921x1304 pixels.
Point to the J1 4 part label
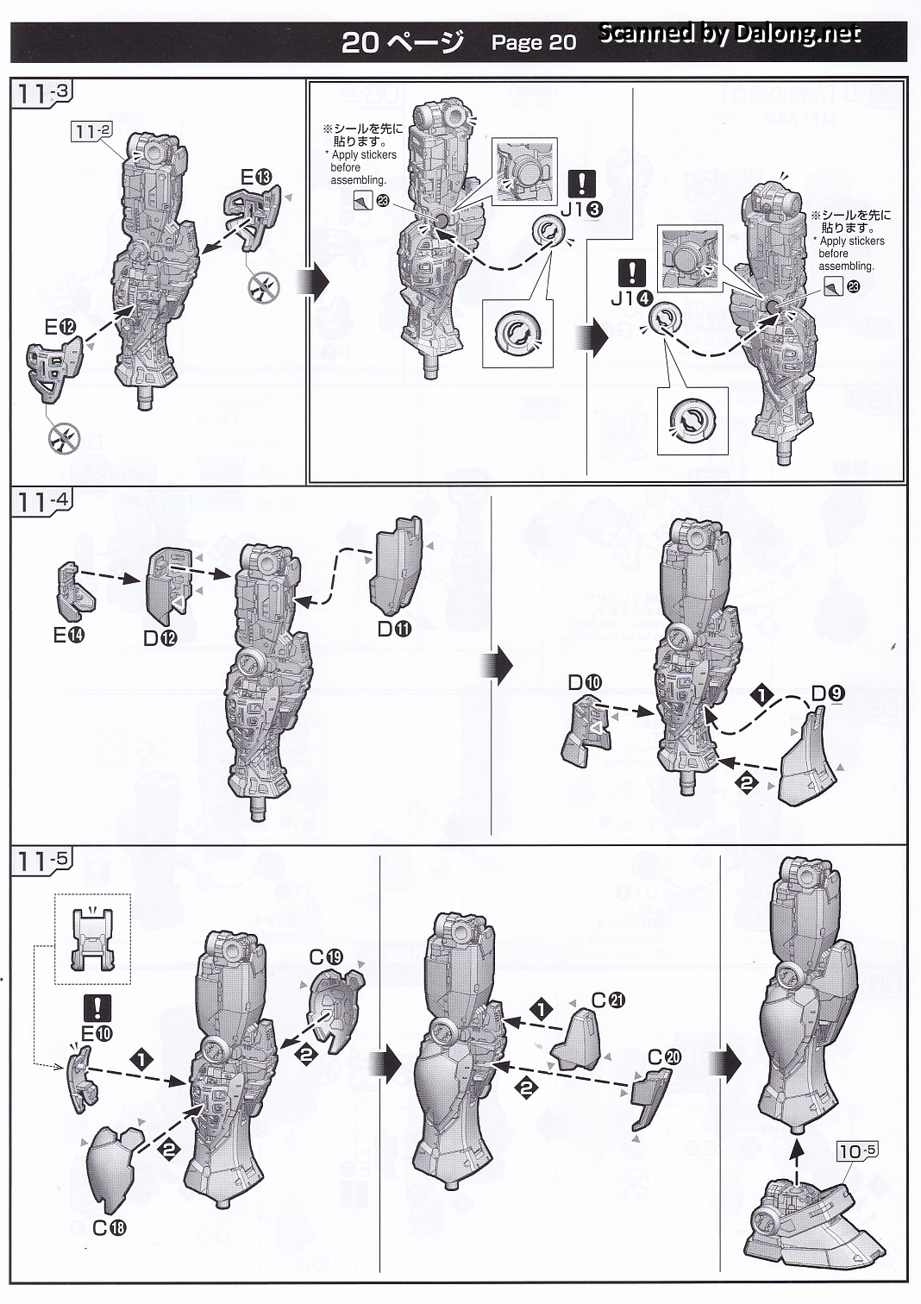(632, 298)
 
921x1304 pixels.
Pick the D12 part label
(160, 639)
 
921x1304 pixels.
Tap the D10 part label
(584, 682)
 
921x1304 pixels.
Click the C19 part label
(327, 956)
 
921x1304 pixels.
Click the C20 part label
(665, 1057)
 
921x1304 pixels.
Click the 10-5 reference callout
(857, 1150)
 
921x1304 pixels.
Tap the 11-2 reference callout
(93, 131)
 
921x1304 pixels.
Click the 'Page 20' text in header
(533, 42)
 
